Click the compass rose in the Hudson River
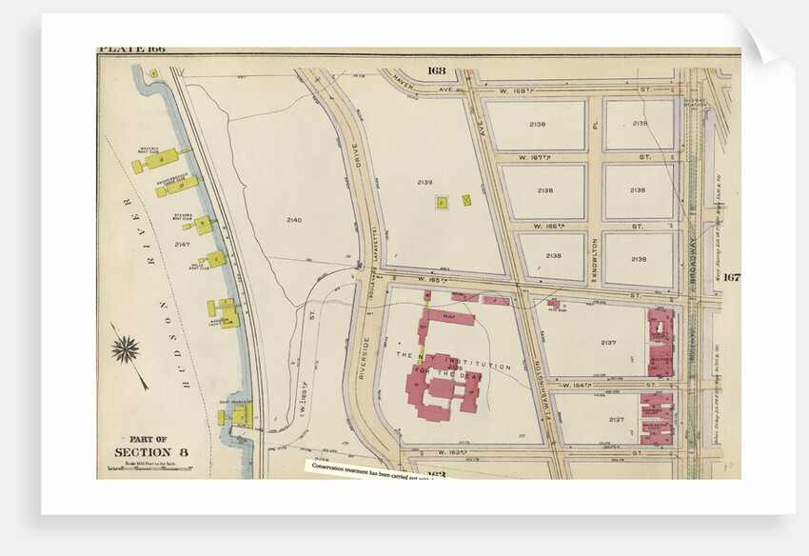pyautogui.click(x=126, y=349)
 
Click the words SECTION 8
pyautogui.click(x=144, y=451)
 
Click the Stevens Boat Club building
pyautogui.click(x=203, y=226)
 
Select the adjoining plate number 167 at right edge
pyautogui.click(x=730, y=278)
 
